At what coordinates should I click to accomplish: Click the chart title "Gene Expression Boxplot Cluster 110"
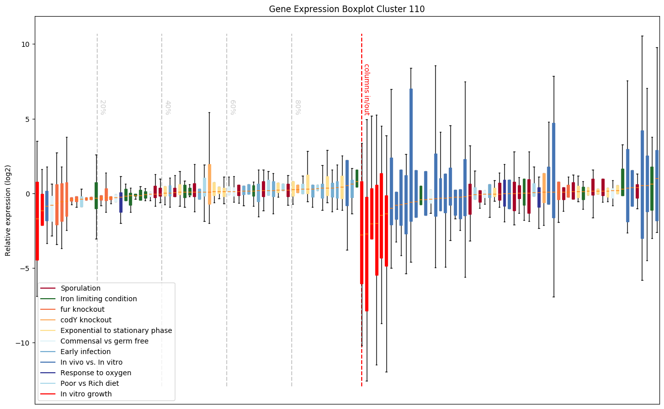(347, 9)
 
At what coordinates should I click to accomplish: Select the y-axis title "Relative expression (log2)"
(8, 210)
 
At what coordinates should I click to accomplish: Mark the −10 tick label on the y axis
(23, 343)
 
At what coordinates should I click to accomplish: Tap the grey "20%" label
(102, 107)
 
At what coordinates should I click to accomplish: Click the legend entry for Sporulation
(80, 288)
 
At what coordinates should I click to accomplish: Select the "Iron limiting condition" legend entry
(98, 299)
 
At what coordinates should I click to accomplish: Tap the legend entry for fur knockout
(82, 309)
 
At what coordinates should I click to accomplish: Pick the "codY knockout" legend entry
(86, 320)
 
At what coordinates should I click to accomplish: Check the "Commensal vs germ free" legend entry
(104, 341)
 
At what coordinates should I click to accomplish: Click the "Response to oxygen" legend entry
(96, 373)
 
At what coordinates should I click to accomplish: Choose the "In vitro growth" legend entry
(86, 394)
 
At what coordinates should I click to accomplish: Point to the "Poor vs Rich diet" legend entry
(89, 383)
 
